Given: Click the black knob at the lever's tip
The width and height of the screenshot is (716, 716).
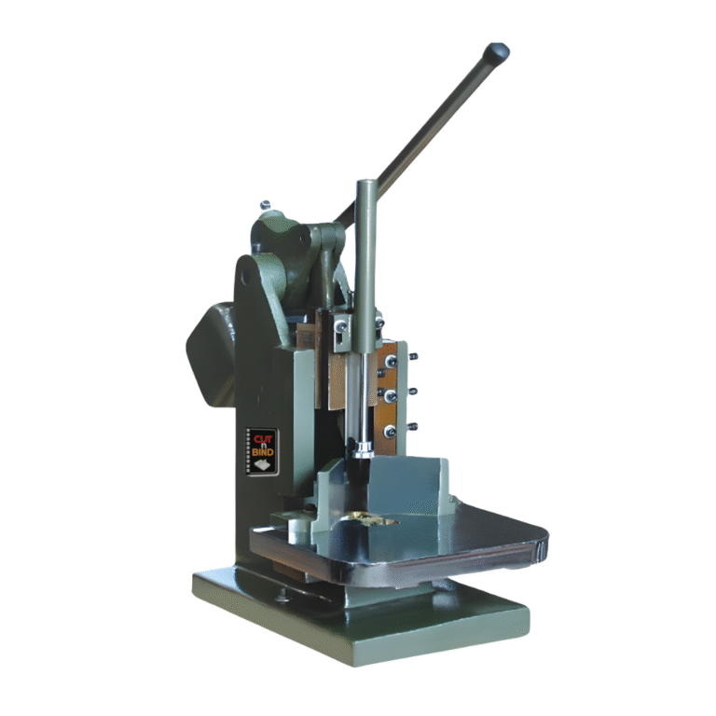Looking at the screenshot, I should [x=497, y=50].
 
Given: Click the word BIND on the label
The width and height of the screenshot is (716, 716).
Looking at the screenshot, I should [x=261, y=453].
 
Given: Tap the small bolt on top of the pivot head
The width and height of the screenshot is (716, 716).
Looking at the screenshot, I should [x=266, y=205].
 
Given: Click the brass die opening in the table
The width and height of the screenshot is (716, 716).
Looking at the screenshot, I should [x=374, y=516].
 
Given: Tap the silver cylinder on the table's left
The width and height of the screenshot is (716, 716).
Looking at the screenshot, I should [x=296, y=530].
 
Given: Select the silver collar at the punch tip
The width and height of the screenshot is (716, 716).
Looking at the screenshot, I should [x=362, y=450].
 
